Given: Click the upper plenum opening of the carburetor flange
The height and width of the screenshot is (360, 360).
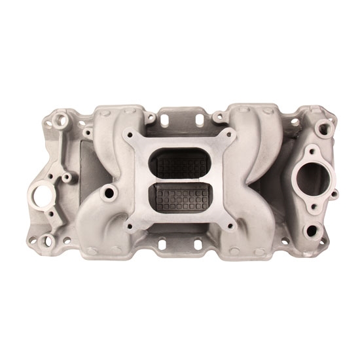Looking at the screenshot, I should pyautogui.click(x=179, y=161).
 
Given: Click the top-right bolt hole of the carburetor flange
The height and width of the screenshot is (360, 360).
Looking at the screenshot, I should pyautogui.click(x=228, y=134).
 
